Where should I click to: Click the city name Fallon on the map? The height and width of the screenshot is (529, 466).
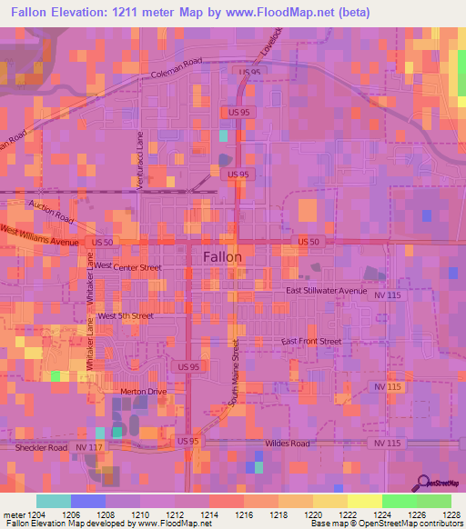pos(222,256)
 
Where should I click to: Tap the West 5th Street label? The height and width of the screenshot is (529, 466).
pos(126,315)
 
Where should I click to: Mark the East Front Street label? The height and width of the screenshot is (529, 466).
pos(310,341)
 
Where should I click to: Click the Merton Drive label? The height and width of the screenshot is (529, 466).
pos(144,392)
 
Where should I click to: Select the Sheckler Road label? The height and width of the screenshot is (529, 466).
pos(41,448)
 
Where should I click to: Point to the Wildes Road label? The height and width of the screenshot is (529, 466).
pos(287,444)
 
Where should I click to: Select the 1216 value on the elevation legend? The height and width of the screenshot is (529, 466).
pos(243,514)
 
